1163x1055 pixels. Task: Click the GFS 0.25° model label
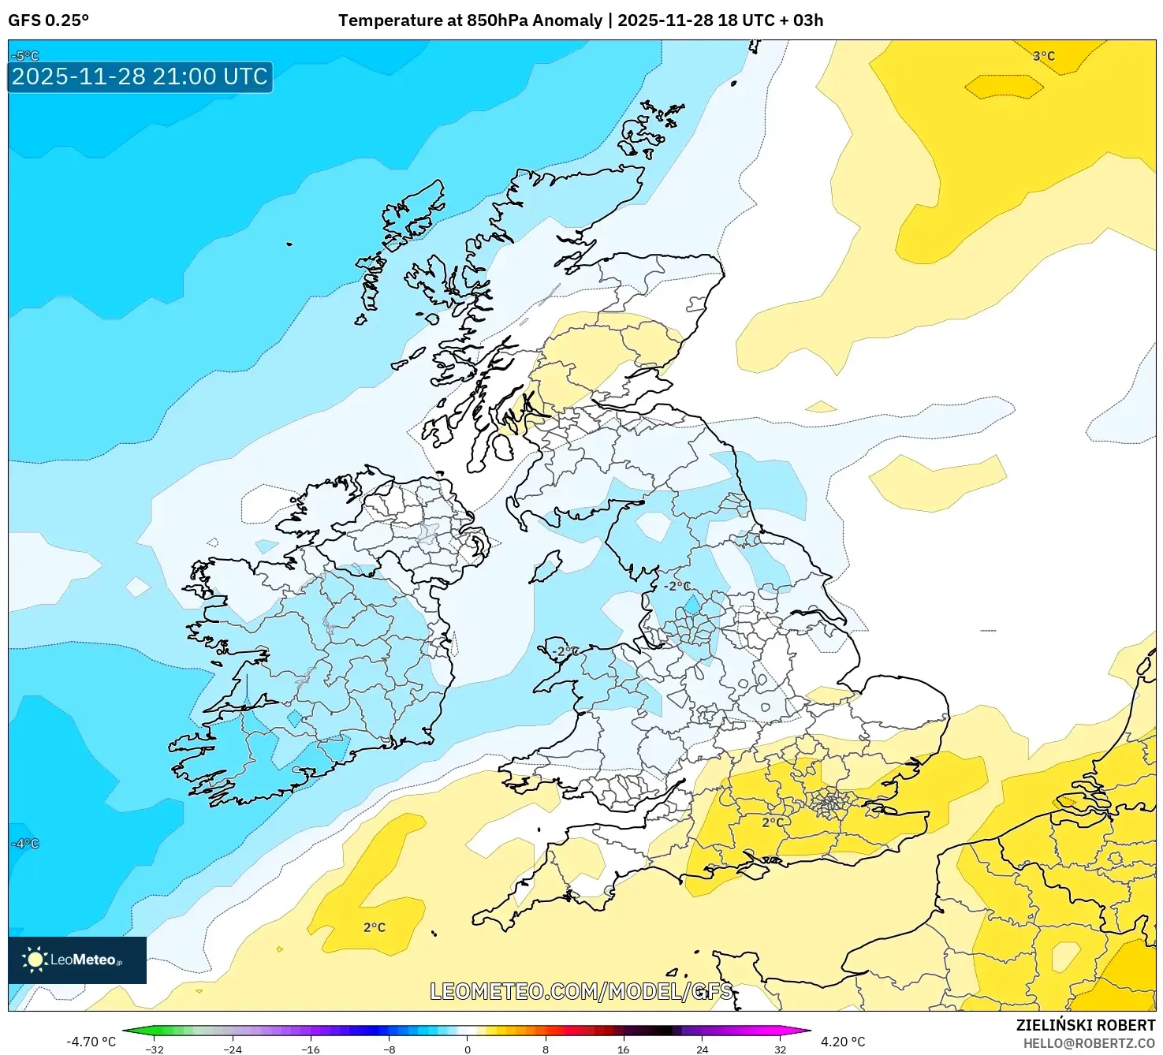tap(48, 21)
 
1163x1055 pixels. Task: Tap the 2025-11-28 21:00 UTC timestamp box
tap(140, 76)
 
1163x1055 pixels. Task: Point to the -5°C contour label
tap(25, 56)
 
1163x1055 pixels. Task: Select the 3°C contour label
tap(1043, 56)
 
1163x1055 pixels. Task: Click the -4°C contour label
tap(25, 844)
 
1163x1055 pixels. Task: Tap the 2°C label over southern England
tap(773, 822)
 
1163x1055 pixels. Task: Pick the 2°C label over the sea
tap(375, 927)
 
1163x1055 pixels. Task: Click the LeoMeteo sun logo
tap(35, 959)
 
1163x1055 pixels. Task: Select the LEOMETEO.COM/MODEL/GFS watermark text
tap(581, 991)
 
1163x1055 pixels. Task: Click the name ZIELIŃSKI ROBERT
tap(1085, 1025)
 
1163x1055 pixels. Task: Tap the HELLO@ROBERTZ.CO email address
tap(1089, 1043)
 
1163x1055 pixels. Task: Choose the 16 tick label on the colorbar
tap(623, 1049)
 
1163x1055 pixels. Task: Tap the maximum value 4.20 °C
tap(843, 1042)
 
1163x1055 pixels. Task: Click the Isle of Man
tap(546, 567)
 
